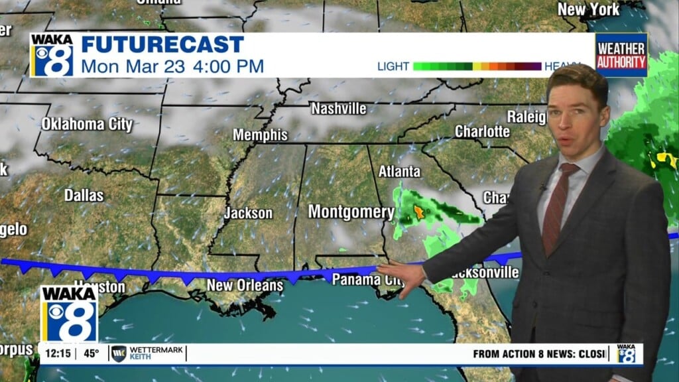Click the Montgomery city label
pyautogui.click(x=351, y=212)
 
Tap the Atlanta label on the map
pyautogui.click(x=399, y=171)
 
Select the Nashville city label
pyautogui.click(x=338, y=108)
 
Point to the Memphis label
pyautogui.click(x=260, y=135)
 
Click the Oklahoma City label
pyautogui.click(x=87, y=124)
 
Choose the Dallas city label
pyautogui.click(x=84, y=195)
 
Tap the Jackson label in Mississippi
pyautogui.click(x=248, y=213)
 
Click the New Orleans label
pyautogui.click(x=245, y=285)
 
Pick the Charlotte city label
pyautogui.click(x=482, y=131)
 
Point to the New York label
pyautogui.click(x=588, y=9)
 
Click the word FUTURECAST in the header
pyautogui.click(x=162, y=45)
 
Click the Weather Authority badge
pyautogui.click(x=621, y=56)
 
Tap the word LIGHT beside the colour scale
pyautogui.click(x=393, y=66)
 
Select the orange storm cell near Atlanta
pyautogui.click(x=419, y=212)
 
